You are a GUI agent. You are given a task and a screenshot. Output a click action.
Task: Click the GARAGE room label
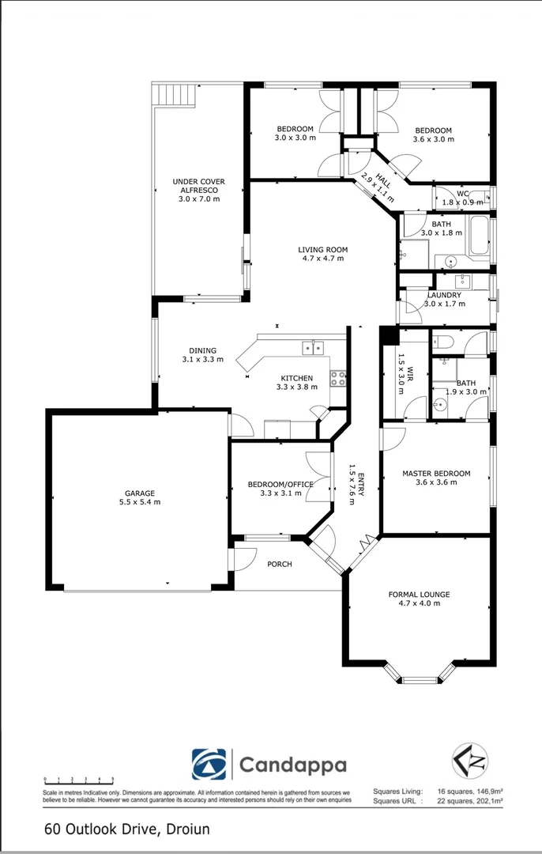[138, 493]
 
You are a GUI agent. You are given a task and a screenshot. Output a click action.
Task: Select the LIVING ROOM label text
[322, 250]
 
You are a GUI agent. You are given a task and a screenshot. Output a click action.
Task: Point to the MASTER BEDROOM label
[435, 474]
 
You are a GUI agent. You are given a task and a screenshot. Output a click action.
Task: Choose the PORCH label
[280, 564]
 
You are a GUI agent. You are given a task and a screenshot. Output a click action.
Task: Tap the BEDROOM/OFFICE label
[280, 484]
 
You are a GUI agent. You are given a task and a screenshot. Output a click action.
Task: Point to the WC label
[463, 193]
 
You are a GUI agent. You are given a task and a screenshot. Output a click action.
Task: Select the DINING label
[202, 351]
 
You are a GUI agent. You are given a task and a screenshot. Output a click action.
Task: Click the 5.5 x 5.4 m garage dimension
[138, 502]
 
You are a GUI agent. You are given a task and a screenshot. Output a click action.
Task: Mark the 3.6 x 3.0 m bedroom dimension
[434, 139]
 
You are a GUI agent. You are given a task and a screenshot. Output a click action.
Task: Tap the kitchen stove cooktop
[338, 379]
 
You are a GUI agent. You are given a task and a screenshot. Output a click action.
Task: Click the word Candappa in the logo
[292, 765]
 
